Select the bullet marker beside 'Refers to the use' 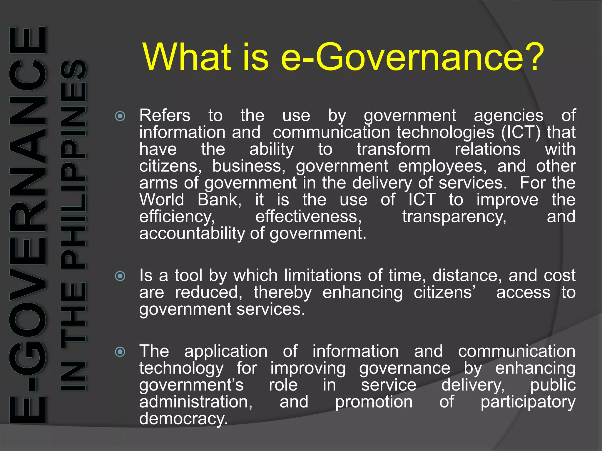(120, 116)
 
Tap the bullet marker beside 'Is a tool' (120, 276)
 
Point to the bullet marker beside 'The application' (120, 352)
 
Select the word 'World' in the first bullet (162, 200)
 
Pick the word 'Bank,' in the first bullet (219, 200)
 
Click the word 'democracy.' (183, 419)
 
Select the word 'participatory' (528, 402)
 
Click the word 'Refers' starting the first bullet (165, 115)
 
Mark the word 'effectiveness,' (308, 217)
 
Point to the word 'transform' (394, 149)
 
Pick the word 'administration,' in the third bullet (196, 402)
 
